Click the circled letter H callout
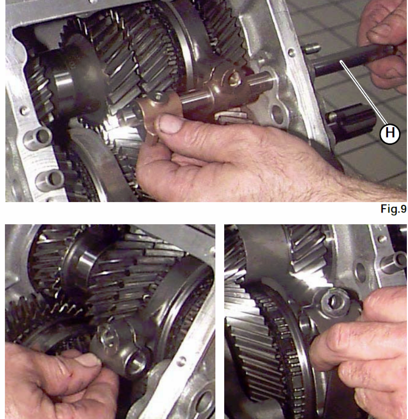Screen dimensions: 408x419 point(390,133)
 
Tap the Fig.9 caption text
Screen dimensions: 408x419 point(394,209)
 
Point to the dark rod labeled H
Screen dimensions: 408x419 point(353,59)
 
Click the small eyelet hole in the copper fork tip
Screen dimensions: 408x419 point(158,96)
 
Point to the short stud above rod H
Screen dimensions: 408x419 point(311,49)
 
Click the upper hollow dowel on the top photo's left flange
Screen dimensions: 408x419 point(38,137)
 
